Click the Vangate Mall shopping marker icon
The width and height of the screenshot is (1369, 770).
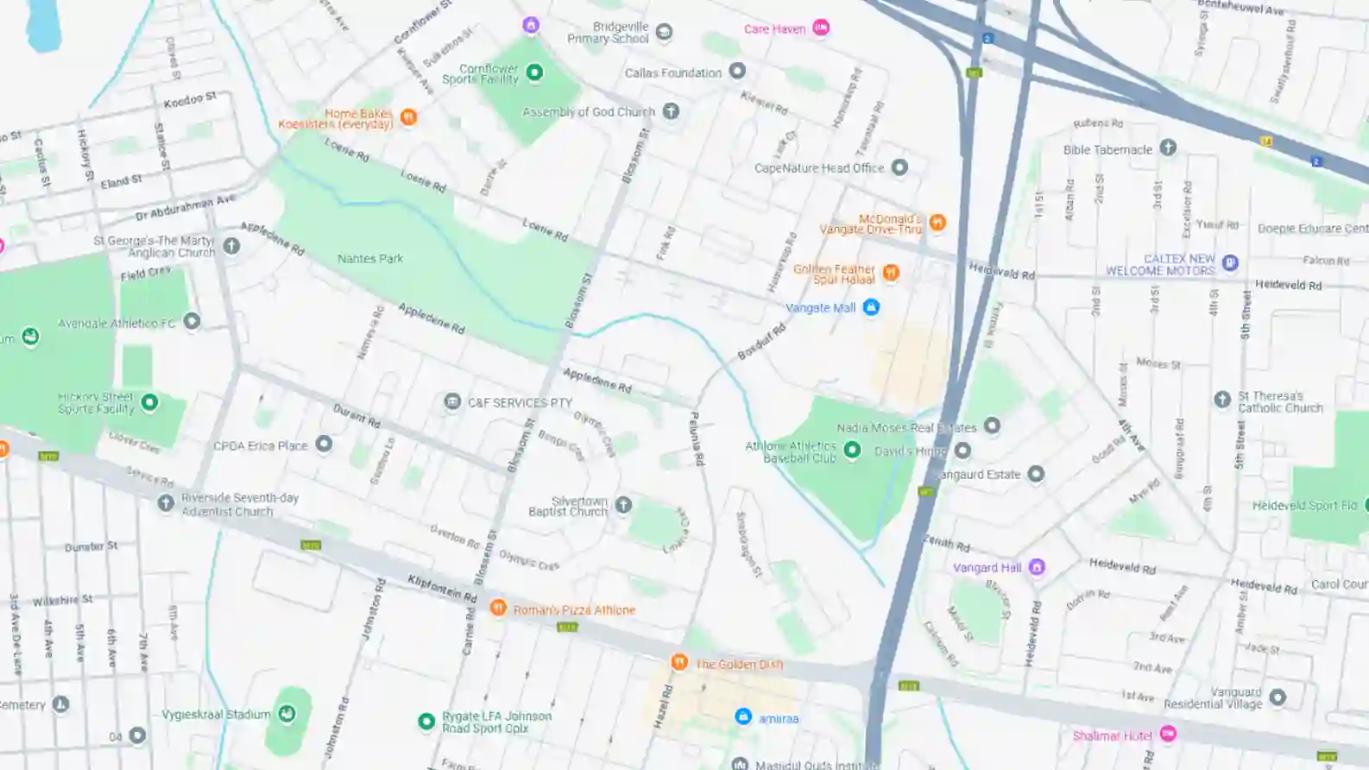pyautogui.click(x=871, y=307)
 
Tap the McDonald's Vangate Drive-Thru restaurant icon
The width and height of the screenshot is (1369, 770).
pyautogui.click(x=937, y=223)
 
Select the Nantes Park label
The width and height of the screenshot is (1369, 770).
pyautogui.click(x=370, y=258)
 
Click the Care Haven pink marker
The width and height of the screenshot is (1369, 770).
pyautogui.click(x=821, y=28)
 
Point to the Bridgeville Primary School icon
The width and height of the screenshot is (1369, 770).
pyautogui.click(x=664, y=33)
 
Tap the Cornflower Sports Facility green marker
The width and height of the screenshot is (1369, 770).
pyautogui.click(x=534, y=73)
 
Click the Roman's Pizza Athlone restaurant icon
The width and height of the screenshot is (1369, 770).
pyautogui.click(x=498, y=608)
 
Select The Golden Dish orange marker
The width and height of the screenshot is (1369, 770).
pyautogui.click(x=679, y=662)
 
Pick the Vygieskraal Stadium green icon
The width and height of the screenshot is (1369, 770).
pyautogui.click(x=287, y=713)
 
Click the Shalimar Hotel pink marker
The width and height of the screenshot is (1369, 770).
pyautogui.click(x=1168, y=734)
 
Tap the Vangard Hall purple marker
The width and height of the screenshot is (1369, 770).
pyautogui.click(x=1037, y=567)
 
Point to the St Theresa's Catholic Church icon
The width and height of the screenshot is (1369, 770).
pyautogui.click(x=1222, y=399)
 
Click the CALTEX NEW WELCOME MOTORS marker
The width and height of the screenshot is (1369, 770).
pyautogui.click(x=1230, y=262)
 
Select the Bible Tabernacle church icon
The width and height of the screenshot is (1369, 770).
pyautogui.click(x=1168, y=148)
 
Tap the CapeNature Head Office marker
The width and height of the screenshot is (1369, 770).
pyautogui.click(x=899, y=167)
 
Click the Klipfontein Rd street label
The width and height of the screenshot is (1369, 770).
pyautogui.click(x=442, y=589)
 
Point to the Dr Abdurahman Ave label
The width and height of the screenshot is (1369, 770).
pyautogui.click(x=185, y=207)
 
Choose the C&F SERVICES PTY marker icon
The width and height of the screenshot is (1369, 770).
pyautogui.click(x=452, y=401)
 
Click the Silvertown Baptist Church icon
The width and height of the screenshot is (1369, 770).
pyautogui.click(x=623, y=505)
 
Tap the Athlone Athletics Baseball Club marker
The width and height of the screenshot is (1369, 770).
pyautogui.click(x=852, y=450)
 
